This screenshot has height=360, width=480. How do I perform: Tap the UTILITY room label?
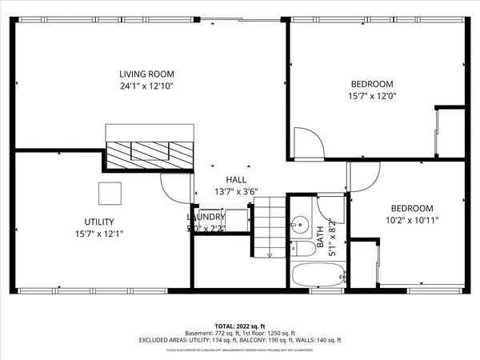pyautogui.click(x=99, y=222)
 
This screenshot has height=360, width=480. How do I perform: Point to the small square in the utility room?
pyautogui.click(x=110, y=194)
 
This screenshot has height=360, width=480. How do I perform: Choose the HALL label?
pyautogui.click(x=236, y=180)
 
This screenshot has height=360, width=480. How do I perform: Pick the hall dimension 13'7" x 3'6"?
pyautogui.click(x=236, y=192)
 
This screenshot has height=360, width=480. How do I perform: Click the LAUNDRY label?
pyautogui.click(x=206, y=217)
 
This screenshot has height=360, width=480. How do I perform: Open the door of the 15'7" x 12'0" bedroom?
pyautogui.click(x=308, y=142)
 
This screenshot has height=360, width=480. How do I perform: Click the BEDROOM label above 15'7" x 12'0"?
pyautogui.click(x=372, y=84)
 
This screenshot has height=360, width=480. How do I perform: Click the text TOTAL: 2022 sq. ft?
pyautogui.click(x=238, y=326)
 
